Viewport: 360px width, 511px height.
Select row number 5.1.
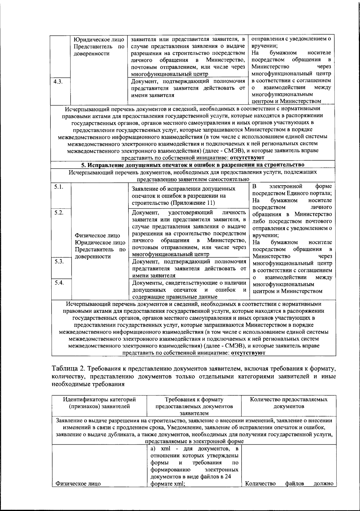click(59, 187)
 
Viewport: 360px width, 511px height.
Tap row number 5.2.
click(59, 213)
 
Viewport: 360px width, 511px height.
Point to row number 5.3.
click(59, 262)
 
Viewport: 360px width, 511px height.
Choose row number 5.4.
click(59, 283)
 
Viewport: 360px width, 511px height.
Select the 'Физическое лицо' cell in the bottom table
click(76, 484)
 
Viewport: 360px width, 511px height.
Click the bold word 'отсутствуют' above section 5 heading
click(247, 158)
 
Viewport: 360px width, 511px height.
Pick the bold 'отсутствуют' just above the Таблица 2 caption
click(248, 353)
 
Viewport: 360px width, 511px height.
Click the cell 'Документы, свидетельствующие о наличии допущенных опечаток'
click(189, 290)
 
